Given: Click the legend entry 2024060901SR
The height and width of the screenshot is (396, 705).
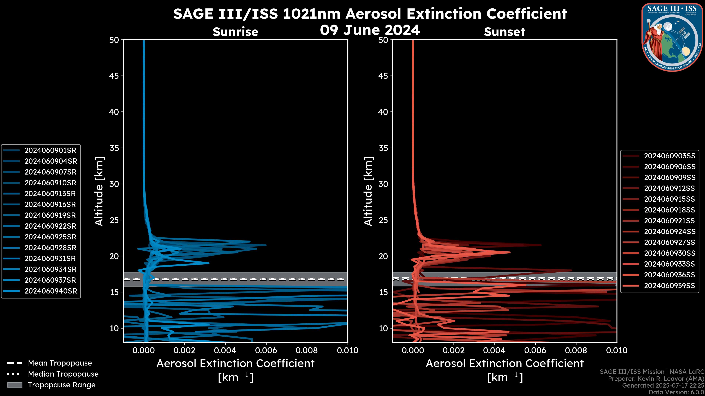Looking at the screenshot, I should point(50,151).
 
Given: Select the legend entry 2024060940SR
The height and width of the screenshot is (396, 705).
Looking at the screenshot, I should point(50,291).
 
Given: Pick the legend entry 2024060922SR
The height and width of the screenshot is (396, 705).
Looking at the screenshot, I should point(50,226).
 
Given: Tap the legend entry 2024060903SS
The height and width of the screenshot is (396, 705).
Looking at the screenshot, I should point(669,156).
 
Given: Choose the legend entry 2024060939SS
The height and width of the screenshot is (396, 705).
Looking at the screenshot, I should point(669,286).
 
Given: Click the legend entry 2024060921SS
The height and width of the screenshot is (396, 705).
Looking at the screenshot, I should point(669,221).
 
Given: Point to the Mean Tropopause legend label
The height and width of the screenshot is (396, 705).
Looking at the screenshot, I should point(60,363).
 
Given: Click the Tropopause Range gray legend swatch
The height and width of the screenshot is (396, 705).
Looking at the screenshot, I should point(15,385).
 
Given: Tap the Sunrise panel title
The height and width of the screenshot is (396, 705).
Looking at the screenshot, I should point(235,32).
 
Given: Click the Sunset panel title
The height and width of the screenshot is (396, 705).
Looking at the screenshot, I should point(504,32).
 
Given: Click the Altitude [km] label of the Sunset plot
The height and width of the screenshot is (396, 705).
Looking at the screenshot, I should point(368,191).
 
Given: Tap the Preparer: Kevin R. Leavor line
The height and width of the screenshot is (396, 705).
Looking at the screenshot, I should point(656,379).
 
